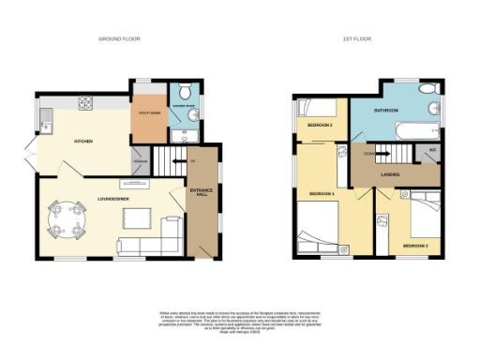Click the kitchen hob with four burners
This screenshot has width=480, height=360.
point(85,102)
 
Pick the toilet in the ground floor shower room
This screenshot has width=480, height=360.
point(185,92)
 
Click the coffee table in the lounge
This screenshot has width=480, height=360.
point(137,218)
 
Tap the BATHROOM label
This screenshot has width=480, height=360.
point(386,111)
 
